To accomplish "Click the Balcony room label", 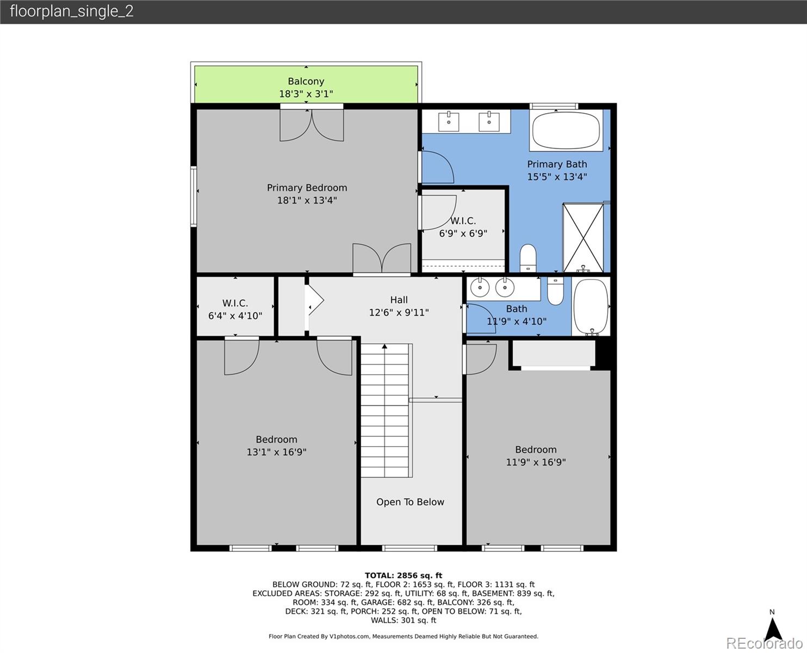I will (306, 82).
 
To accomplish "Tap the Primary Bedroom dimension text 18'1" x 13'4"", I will (307, 200).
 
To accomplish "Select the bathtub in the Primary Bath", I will (566, 131).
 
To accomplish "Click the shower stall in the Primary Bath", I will (583, 237).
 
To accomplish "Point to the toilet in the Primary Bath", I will (528, 258).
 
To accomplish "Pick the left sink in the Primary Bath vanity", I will (449, 122).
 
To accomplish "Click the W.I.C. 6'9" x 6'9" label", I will (463, 227).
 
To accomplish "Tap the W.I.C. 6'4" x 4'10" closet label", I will (235, 309).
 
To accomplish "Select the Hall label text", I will (399, 300).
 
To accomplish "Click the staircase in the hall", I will (384, 411).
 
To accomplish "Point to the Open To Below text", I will (410, 502).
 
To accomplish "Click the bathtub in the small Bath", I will (591, 307).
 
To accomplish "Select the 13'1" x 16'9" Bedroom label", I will (276, 446).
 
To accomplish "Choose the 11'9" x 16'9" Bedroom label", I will (536, 455).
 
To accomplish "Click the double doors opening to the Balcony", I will (312, 125).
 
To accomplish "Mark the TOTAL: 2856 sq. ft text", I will (403, 575).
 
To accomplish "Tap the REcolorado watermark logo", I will (766, 643).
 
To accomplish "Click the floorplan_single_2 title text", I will (72, 11).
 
